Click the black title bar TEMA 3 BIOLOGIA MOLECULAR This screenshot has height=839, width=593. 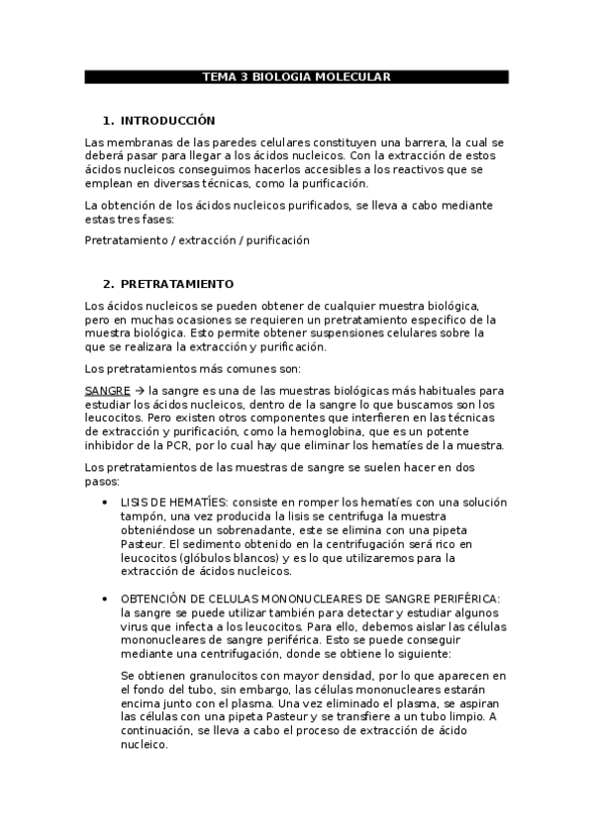(x=296, y=76)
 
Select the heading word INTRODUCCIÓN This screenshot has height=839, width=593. (x=167, y=120)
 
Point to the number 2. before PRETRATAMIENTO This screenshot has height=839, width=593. (x=109, y=283)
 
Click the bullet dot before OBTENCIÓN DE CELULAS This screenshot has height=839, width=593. (x=106, y=600)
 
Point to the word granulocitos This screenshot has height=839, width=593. (x=207, y=675)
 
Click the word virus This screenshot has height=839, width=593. (x=136, y=627)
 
